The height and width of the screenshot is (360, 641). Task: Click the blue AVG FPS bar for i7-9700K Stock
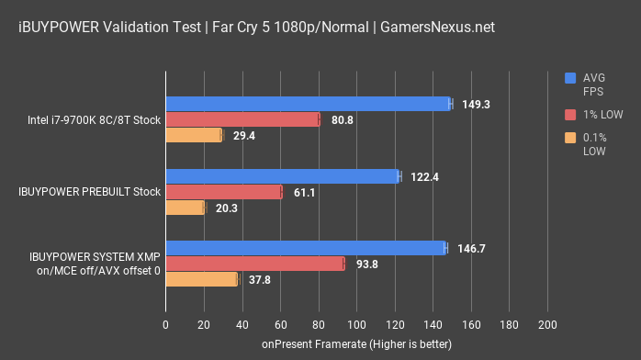(x=308, y=104)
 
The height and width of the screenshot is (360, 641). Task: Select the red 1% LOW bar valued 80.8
(x=242, y=119)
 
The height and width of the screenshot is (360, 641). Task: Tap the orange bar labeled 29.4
(x=194, y=135)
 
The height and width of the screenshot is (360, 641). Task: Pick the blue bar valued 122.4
(x=282, y=176)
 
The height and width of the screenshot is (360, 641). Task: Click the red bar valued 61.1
(x=223, y=192)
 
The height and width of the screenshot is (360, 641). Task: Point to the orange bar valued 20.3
(x=185, y=208)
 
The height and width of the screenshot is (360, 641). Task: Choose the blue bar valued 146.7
(x=305, y=248)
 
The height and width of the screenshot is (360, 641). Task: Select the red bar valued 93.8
(x=254, y=264)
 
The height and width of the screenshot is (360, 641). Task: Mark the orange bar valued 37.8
(x=201, y=279)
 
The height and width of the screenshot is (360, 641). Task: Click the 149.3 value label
(x=476, y=105)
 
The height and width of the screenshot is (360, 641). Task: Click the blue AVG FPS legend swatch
(x=571, y=78)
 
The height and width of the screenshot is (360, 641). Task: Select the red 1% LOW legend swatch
(x=571, y=114)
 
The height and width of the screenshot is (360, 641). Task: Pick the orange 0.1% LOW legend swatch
(x=571, y=138)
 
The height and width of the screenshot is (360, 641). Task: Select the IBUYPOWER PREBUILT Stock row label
(x=90, y=192)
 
